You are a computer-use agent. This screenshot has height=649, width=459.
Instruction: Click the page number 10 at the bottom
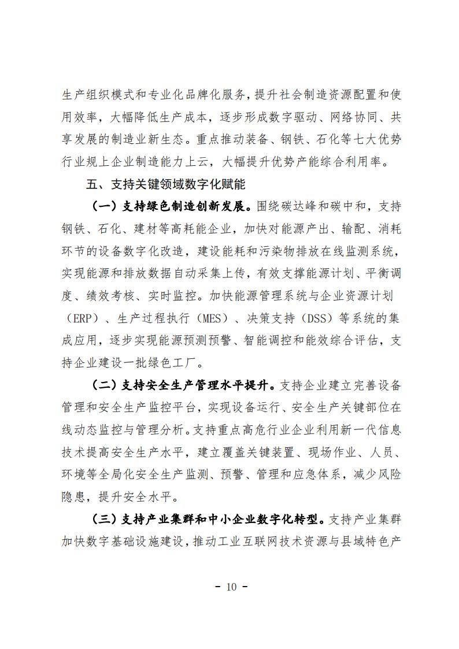pos(229,587)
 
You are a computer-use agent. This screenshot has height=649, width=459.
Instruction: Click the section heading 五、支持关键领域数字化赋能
pos(166,185)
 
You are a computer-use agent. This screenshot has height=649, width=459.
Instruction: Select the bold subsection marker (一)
pos(105,207)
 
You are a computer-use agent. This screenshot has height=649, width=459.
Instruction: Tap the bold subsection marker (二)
pos(105,385)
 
